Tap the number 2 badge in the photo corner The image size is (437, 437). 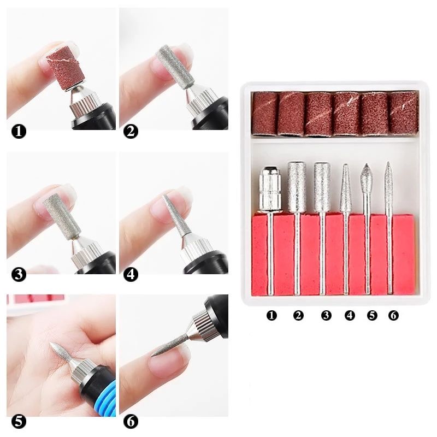click(131, 131)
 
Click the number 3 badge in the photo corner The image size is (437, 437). click(18, 274)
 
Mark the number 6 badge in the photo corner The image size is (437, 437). click(131, 421)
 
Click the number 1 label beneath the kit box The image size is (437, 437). click(271, 315)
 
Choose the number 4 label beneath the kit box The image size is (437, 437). click(350, 315)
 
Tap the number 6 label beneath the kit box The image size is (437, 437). click(393, 315)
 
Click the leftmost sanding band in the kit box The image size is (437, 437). click(265, 113)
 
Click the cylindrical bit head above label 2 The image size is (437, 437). click(297, 186)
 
